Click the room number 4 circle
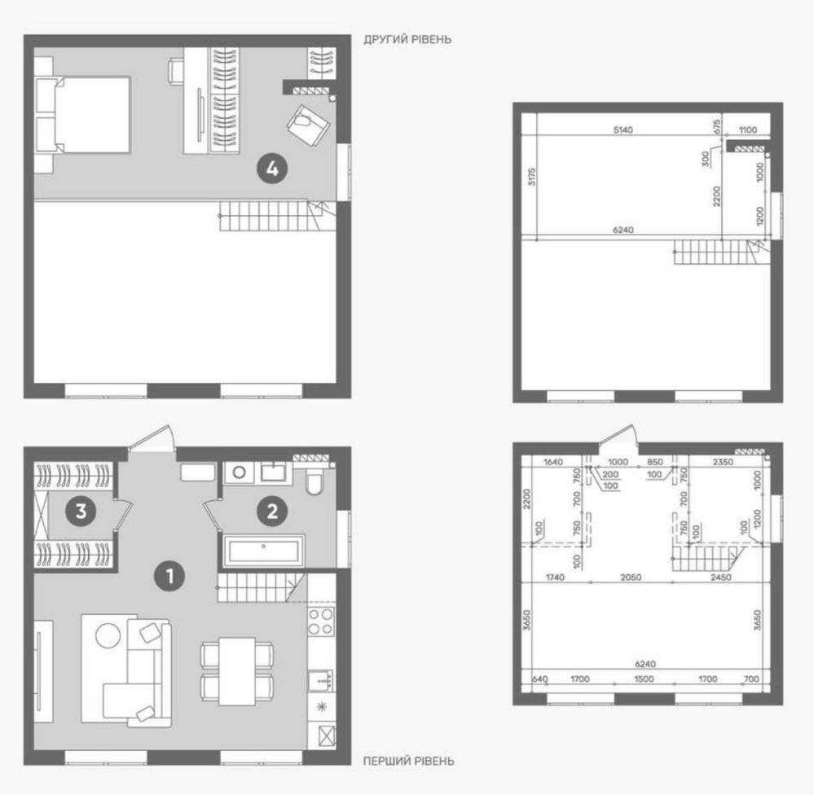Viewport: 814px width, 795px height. [272, 168]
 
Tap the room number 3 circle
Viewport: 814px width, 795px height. [81, 512]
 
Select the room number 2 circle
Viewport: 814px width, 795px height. [272, 512]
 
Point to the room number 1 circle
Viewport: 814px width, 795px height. [169, 576]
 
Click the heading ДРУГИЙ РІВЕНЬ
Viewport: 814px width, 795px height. [407, 39]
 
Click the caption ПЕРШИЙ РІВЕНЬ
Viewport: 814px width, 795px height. [408, 762]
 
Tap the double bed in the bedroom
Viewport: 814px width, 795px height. [83, 115]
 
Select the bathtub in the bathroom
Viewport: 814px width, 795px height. [264, 551]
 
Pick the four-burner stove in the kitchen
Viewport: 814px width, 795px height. [321, 622]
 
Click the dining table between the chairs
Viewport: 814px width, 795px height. [237, 671]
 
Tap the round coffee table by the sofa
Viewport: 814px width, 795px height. [108, 635]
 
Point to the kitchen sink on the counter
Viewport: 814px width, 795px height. [321, 680]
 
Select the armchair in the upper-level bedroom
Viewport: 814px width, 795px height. [308, 125]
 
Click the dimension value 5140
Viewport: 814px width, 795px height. [623, 130]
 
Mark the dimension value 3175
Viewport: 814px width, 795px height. [531, 177]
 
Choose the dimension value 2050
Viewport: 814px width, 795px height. [631, 577]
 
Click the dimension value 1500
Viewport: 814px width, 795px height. [645, 679]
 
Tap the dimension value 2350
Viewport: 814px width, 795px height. [723, 462]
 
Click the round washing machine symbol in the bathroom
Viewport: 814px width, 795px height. [239, 472]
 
